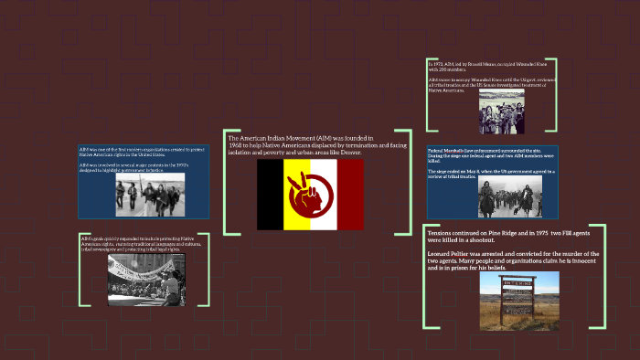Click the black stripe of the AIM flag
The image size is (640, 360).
[271, 195]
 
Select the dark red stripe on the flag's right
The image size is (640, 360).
[350, 195]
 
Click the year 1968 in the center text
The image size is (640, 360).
[236, 145]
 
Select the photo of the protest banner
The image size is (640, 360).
[146, 280]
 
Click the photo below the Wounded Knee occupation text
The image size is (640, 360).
[501, 111]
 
